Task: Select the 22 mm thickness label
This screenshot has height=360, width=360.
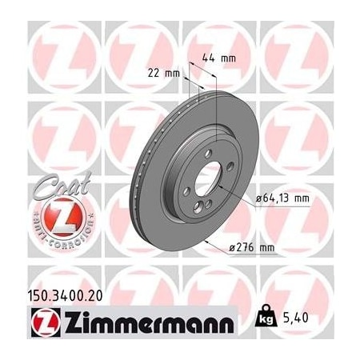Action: click(x=164, y=73)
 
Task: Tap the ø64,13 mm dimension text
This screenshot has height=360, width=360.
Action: click(x=281, y=197)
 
